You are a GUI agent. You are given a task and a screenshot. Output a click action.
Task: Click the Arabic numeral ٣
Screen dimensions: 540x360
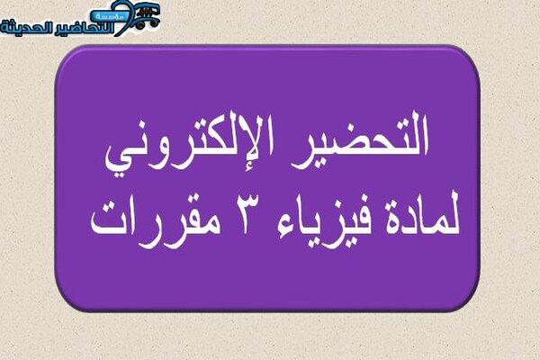pos(246,213)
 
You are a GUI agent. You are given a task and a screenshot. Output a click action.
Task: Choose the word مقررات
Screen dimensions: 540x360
pos(156,224)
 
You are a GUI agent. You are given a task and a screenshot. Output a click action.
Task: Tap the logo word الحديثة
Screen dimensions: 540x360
pos(27,27)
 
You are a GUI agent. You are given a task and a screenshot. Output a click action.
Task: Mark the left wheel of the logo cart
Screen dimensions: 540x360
pos(139,24)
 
